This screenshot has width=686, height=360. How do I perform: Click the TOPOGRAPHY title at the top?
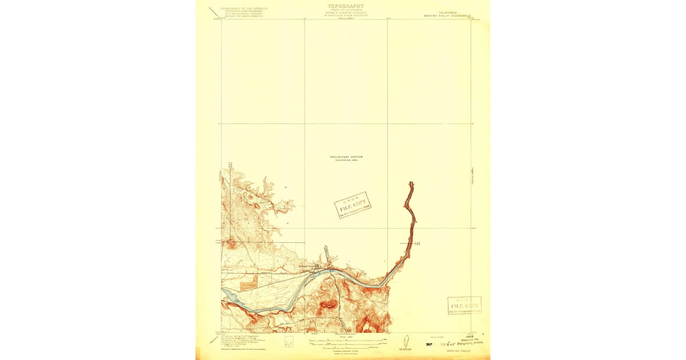point(345,6)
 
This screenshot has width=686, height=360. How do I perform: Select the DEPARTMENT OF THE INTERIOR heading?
point(240,8)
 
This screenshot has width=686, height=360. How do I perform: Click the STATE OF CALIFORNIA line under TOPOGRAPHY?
point(345,11)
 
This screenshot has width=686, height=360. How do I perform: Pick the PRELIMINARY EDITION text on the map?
point(346,157)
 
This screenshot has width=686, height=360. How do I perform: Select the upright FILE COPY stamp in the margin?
point(464,306)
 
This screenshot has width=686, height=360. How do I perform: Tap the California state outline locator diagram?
point(406,342)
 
